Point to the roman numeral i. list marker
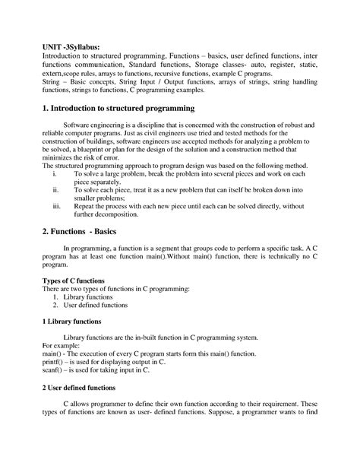pos(55,173)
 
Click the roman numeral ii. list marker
pos(55,189)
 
